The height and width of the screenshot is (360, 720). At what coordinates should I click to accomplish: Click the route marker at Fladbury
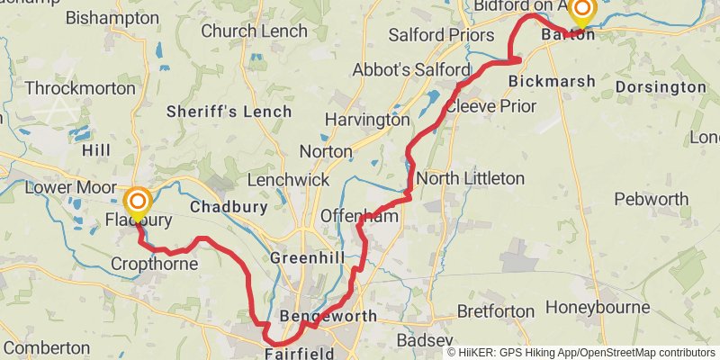[x=138, y=201]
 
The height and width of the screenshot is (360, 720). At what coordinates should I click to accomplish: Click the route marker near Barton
[x=582, y=10]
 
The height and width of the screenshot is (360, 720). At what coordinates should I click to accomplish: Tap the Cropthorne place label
[x=148, y=264]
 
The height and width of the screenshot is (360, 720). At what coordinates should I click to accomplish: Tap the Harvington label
[x=367, y=119]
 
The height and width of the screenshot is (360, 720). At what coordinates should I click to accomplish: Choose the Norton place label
[x=325, y=151]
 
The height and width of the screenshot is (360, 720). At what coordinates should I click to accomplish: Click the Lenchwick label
[x=288, y=180]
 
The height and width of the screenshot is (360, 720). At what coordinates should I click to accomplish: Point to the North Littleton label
[x=470, y=178]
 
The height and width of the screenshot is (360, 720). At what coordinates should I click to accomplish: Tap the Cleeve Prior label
[x=490, y=106]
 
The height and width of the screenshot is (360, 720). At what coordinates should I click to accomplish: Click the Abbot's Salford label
[x=411, y=70]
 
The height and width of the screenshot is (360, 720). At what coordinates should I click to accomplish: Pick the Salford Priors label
[x=441, y=35]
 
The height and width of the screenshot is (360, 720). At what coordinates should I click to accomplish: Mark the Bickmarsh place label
[x=552, y=81]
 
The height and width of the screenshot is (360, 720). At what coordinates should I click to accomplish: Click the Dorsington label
[x=661, y=87]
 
